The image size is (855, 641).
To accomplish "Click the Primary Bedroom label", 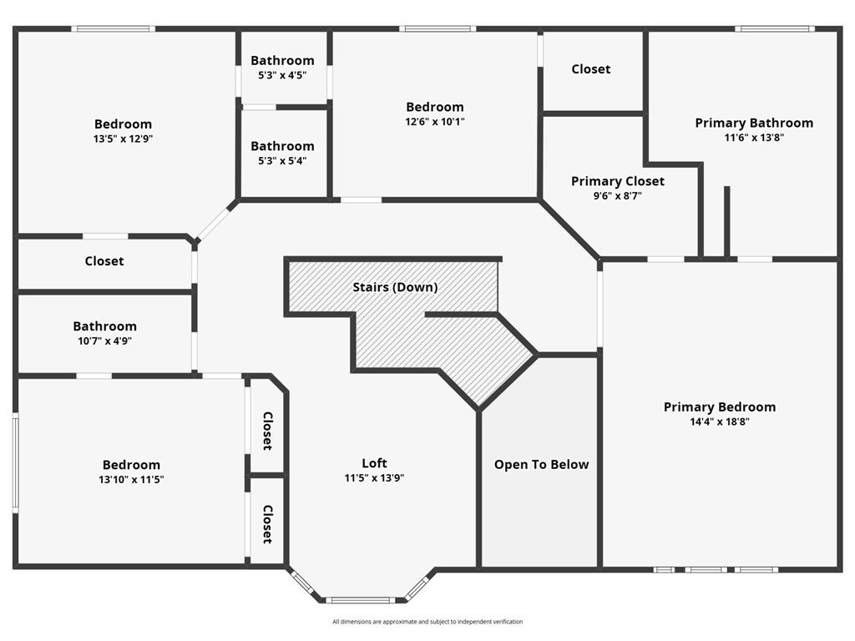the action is click(x=719, y=407).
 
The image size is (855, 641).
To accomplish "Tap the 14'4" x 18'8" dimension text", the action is click(x=719, y=421).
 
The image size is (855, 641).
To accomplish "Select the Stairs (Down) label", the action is click(x=395, y=287).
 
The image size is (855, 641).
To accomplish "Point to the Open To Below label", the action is click(x=541, y=464).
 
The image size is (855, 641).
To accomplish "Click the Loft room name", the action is click(x=374, y=462).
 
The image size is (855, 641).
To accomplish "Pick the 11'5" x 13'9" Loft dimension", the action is click(x=374, y=477).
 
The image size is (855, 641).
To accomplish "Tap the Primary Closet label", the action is click(x=618, y=181).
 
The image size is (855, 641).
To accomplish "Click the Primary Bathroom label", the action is click(x=754, y=124).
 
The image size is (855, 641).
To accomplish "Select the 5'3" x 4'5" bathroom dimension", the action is click(x=282, y=75).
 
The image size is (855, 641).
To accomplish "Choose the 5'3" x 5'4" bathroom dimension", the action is click(x=282, y=161).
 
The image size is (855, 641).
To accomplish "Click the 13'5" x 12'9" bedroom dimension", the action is click(x=123, y=139).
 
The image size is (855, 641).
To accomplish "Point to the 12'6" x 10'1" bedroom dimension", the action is click(x=434, y=122).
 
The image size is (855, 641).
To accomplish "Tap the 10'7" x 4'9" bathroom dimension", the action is click(x=104, y=341).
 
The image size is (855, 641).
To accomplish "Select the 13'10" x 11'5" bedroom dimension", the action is click(x=131, y=480).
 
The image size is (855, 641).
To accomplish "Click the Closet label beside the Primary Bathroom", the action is click(x=590, y=69).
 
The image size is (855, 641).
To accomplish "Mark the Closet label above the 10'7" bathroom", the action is click(x=104, y=261).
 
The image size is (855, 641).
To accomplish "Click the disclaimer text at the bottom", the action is click(x=427, y=621).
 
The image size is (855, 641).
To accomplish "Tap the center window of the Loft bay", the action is click(x=361, y=600).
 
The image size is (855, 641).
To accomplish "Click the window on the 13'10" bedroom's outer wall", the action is click(x=16, y=462).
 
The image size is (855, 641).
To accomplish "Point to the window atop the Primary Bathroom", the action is click(x=774, y=28).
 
